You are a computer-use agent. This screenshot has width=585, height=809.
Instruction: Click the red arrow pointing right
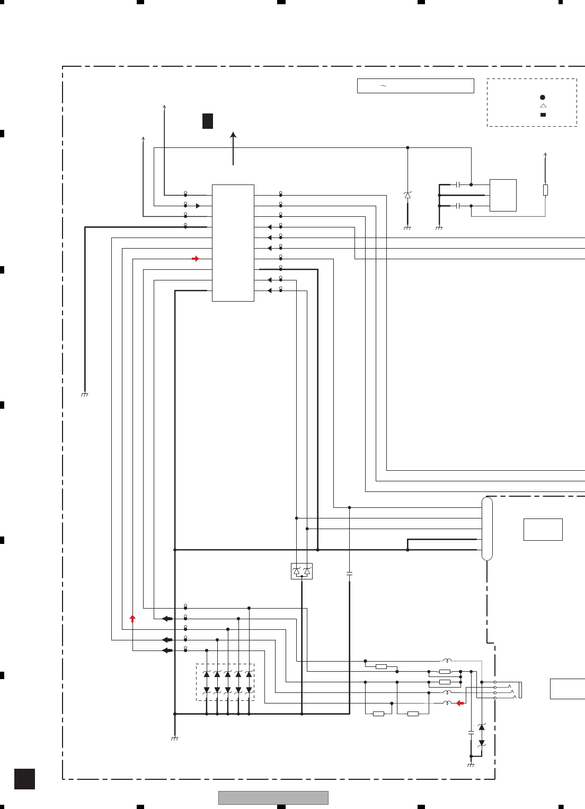[196, 259]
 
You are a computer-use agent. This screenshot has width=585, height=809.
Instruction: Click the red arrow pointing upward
[132, 618]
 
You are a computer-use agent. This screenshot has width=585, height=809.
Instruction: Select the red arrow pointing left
[460, 703]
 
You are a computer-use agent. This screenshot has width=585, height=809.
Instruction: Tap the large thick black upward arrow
[233, 148]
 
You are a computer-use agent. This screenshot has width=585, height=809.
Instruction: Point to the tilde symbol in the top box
[383, 86]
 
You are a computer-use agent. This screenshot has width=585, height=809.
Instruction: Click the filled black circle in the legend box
[543, 98]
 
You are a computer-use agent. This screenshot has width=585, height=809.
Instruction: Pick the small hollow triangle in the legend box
[543, 106]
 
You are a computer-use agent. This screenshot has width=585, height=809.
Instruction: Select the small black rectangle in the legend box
[543, 115]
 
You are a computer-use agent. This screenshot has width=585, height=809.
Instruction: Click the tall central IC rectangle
[233, 243]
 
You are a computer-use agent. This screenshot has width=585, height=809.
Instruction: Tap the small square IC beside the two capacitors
[503, 195]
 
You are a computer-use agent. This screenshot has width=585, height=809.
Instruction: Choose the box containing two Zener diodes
[302, 571]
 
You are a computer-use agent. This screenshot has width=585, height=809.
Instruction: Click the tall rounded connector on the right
[487, 529]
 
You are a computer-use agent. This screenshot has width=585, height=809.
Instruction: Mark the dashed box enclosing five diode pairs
[225, 682]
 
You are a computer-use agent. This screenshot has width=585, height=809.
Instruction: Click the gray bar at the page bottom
[273, 798]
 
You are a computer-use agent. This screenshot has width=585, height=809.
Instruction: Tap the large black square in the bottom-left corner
[24, 779]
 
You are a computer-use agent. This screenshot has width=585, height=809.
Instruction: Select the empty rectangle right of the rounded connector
[543, 529]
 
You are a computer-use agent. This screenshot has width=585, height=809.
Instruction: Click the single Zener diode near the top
[407, 195]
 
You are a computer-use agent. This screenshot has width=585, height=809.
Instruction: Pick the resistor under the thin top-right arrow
[545, 190]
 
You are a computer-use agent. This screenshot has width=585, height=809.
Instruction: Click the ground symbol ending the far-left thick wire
[85, 394]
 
